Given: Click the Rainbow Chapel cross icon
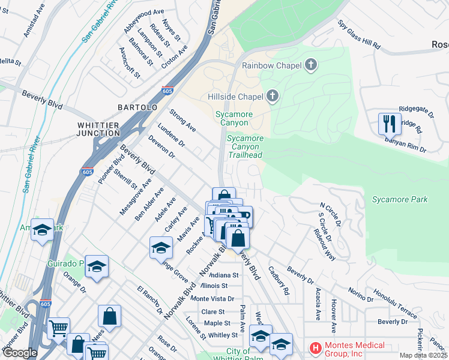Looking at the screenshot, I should tap(311, 65).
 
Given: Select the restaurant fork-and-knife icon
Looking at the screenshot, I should tap(390, 124).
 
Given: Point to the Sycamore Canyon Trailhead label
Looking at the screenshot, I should tap(245, 146).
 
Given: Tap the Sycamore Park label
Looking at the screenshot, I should tap(399, 199).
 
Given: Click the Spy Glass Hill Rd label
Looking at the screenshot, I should tap(359, 35).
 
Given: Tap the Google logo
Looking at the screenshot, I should tap(19, 353).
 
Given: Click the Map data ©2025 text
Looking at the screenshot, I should tap(423, 355).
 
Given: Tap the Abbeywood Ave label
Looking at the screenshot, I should tap(143, 12).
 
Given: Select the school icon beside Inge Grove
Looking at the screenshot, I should tap(161, 248).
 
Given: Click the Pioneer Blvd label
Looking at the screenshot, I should tap(108, 170).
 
